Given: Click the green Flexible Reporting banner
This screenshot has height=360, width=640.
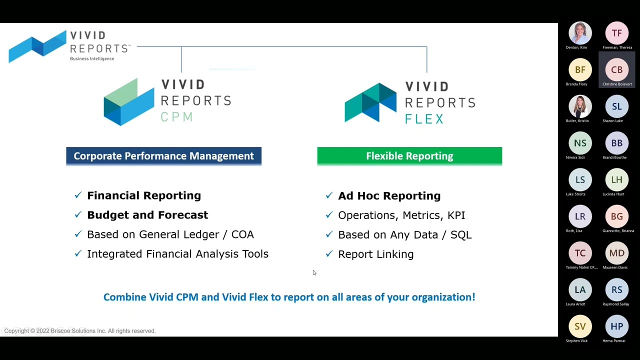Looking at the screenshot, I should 409,156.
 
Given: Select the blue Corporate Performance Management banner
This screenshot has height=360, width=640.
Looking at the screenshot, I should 163,156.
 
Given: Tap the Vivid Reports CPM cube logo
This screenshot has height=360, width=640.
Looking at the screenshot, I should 128,101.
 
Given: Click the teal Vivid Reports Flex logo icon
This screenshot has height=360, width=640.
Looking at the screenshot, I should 370,102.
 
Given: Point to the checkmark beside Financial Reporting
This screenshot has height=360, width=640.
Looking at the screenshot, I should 78,195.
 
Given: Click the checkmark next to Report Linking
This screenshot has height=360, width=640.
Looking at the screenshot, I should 329,254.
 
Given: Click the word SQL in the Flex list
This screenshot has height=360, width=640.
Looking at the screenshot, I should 460,234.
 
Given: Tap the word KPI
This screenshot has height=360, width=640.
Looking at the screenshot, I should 456,215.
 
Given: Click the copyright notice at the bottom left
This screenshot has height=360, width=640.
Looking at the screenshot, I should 80,331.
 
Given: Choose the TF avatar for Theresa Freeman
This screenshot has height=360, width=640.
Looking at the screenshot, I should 616,33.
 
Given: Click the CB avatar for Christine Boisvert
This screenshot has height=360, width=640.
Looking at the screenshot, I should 616,70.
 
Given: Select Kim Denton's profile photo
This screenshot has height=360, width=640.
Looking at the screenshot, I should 580,33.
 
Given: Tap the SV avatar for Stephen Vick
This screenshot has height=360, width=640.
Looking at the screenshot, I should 580,326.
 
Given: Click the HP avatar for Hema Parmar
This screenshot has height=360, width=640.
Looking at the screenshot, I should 616,326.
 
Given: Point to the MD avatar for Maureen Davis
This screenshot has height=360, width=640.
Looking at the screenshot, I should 616,253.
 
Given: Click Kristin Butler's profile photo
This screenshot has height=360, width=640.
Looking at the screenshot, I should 580,106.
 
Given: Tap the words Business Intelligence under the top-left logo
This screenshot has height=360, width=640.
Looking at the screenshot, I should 92,59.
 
